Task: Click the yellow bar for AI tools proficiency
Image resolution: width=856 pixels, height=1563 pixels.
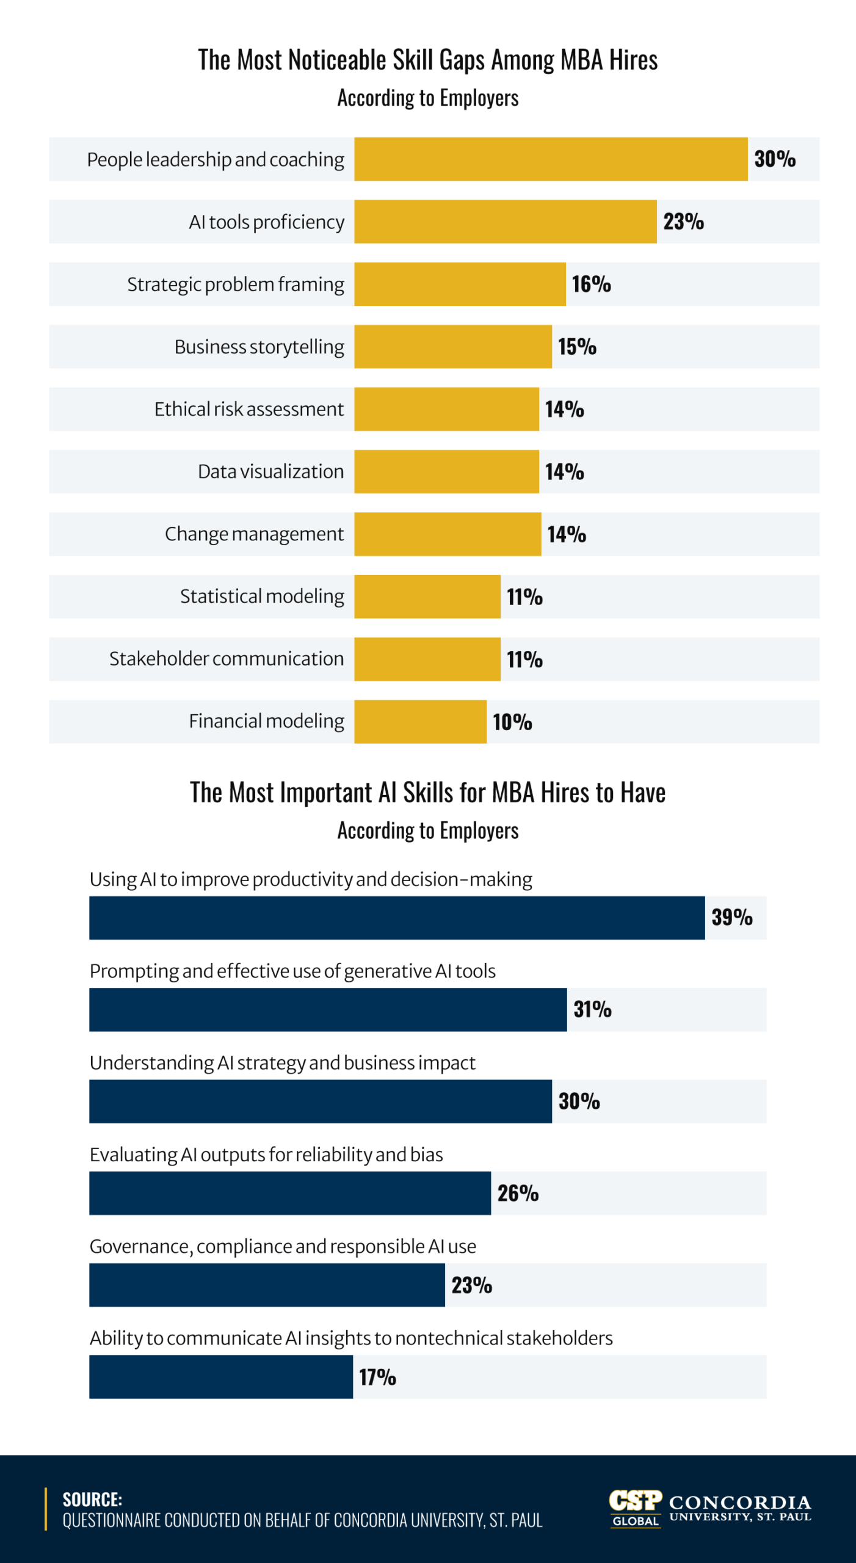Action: [505, 222]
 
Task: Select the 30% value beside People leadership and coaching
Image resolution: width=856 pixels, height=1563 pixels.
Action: [774, 159]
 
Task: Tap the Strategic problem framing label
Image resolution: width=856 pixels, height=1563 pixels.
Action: [235, 285]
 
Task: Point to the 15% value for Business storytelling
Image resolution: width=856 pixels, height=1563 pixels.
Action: [576, 347]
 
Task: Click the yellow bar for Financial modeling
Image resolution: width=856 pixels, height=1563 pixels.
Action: [420, 722]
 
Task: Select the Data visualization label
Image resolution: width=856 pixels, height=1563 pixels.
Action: [270, 472]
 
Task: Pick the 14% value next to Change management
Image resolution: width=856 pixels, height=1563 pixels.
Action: [566, 534]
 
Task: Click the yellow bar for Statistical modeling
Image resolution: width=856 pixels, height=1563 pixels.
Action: [427, 597]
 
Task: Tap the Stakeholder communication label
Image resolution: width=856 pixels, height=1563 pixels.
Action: [226, 659]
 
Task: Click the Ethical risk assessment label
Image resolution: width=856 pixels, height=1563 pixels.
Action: [248, 409]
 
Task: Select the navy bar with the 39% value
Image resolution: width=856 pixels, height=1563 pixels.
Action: [397, 918]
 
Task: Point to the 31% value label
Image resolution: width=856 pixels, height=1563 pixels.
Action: [592, 1009]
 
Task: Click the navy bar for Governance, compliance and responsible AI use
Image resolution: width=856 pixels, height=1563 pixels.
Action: [267, 1285]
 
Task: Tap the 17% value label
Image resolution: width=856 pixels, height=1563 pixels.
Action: [377, 1377]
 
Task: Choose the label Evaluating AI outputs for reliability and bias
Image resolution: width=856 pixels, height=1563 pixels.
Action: [266, 1155]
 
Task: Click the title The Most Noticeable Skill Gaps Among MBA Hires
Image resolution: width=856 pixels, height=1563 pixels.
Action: [427, 60]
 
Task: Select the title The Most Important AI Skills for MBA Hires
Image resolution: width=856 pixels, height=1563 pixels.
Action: [427, 792]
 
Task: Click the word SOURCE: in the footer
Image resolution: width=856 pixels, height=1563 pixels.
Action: [92, 1499]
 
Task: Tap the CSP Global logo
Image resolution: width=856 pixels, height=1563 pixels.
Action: [635, 1508]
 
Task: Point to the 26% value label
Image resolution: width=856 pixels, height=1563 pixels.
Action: [517, 1193]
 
